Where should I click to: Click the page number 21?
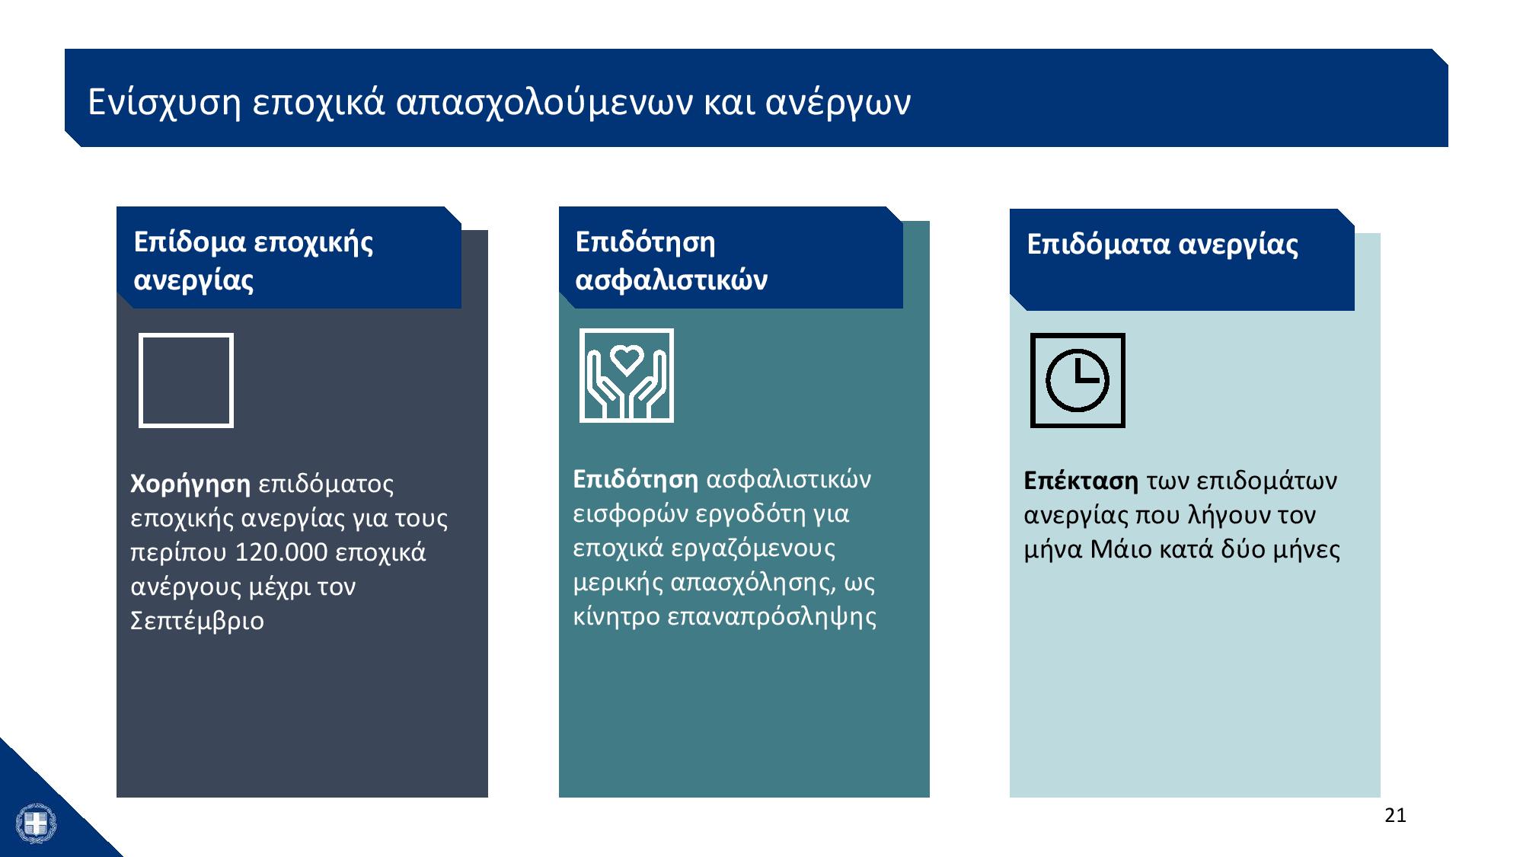[1395, 816]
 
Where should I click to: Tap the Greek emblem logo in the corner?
[36, 823]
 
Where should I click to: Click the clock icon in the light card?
[1078, 380]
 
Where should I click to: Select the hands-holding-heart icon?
[627, 376]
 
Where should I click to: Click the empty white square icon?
[186, 380]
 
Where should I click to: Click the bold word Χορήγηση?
[190, 484]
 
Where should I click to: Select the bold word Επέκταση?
[1081, 481]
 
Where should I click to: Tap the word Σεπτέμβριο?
[197, 621]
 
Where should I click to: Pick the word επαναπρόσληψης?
[771, 617]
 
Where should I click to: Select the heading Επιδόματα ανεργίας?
[1162, 245]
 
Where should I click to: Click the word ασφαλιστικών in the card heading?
[672, 280]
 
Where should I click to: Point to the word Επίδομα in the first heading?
[190, 242]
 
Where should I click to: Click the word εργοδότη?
[742, 514]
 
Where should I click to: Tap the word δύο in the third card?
[1243, 549]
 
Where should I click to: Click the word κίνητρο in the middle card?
[616, 617]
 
